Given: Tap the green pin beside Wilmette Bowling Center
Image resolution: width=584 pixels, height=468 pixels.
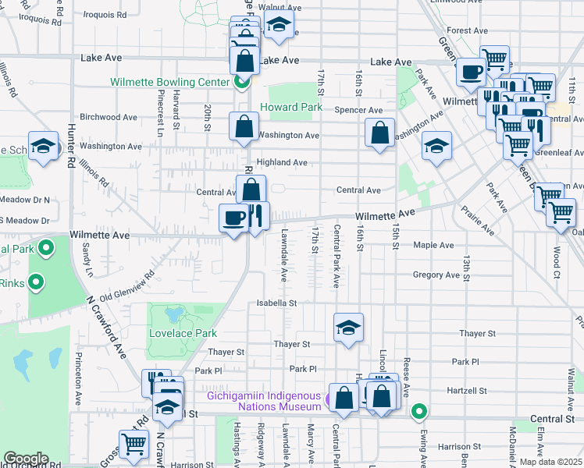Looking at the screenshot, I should click(x=243, y=81).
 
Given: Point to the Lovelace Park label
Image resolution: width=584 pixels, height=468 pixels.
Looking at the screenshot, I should click(x=183, y=333).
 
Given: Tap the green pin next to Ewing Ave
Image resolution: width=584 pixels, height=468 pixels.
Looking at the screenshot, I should click(x=419, y=409).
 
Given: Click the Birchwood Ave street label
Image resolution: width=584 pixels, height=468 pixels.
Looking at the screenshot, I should click(x=110, y=117).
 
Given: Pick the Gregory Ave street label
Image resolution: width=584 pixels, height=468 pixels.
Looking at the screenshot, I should click(x=436, y=275).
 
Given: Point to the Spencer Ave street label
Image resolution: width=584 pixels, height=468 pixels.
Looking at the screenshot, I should click(x=358, y=111).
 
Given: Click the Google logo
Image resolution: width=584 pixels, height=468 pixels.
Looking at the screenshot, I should click(x=26, y=459).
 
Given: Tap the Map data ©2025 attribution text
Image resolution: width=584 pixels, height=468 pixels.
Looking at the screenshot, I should click(x=550, y=462).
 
